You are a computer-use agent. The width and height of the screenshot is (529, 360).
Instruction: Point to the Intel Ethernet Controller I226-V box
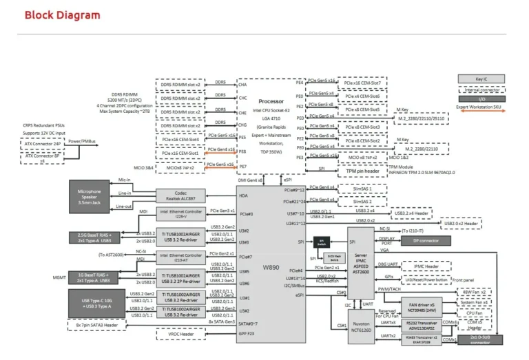180,214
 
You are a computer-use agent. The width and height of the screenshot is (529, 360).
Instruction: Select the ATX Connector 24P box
41,143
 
